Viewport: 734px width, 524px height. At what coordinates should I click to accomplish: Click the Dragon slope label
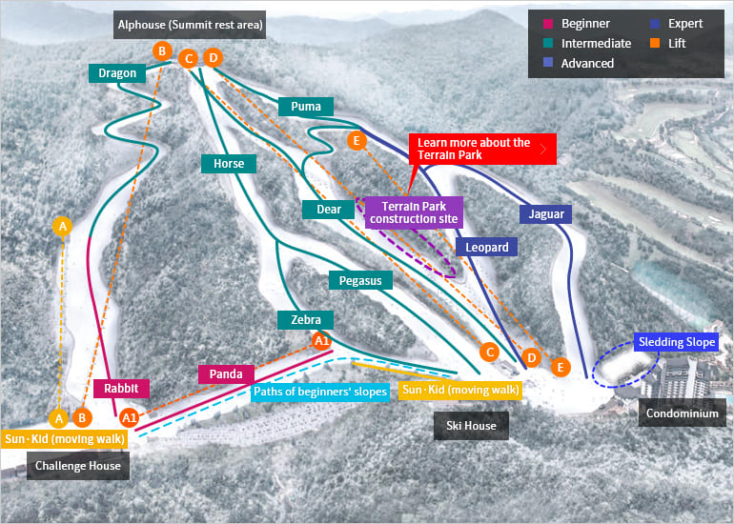click(117, 73)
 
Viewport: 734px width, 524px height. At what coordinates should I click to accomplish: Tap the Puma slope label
click(306, 106)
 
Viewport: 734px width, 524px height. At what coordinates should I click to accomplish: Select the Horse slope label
click(229, 163)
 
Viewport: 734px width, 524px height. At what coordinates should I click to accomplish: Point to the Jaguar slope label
click(546, 214)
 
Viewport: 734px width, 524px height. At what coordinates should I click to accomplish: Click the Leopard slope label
click(486, 247)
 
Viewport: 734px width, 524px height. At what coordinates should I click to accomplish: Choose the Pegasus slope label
click(360, 280)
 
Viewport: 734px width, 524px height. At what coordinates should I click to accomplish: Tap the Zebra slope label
click(306, 319)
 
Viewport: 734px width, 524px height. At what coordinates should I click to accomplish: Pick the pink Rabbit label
click(122, 389)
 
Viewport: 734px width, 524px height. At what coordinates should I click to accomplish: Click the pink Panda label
click(226, 373)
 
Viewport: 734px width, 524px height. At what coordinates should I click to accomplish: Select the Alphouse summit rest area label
click(190, 25)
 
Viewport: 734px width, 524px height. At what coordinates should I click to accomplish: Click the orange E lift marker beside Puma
click(357, 140)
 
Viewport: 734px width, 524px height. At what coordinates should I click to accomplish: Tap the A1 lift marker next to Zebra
click(321, 341)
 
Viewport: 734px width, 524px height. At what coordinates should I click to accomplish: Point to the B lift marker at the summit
click(162, 51)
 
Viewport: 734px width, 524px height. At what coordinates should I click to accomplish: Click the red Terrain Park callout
click(482, 149)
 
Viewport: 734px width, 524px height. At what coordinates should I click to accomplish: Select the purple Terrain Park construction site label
click(414, 212)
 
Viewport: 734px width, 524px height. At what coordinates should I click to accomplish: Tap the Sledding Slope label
click(677, 342)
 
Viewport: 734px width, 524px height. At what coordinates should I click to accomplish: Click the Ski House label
click(471, 425)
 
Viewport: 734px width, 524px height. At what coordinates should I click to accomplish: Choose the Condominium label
click(682, 413)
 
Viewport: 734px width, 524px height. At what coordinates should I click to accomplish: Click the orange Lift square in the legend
click(656, 44)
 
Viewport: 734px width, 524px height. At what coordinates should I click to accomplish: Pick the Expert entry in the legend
click(677, 24)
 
